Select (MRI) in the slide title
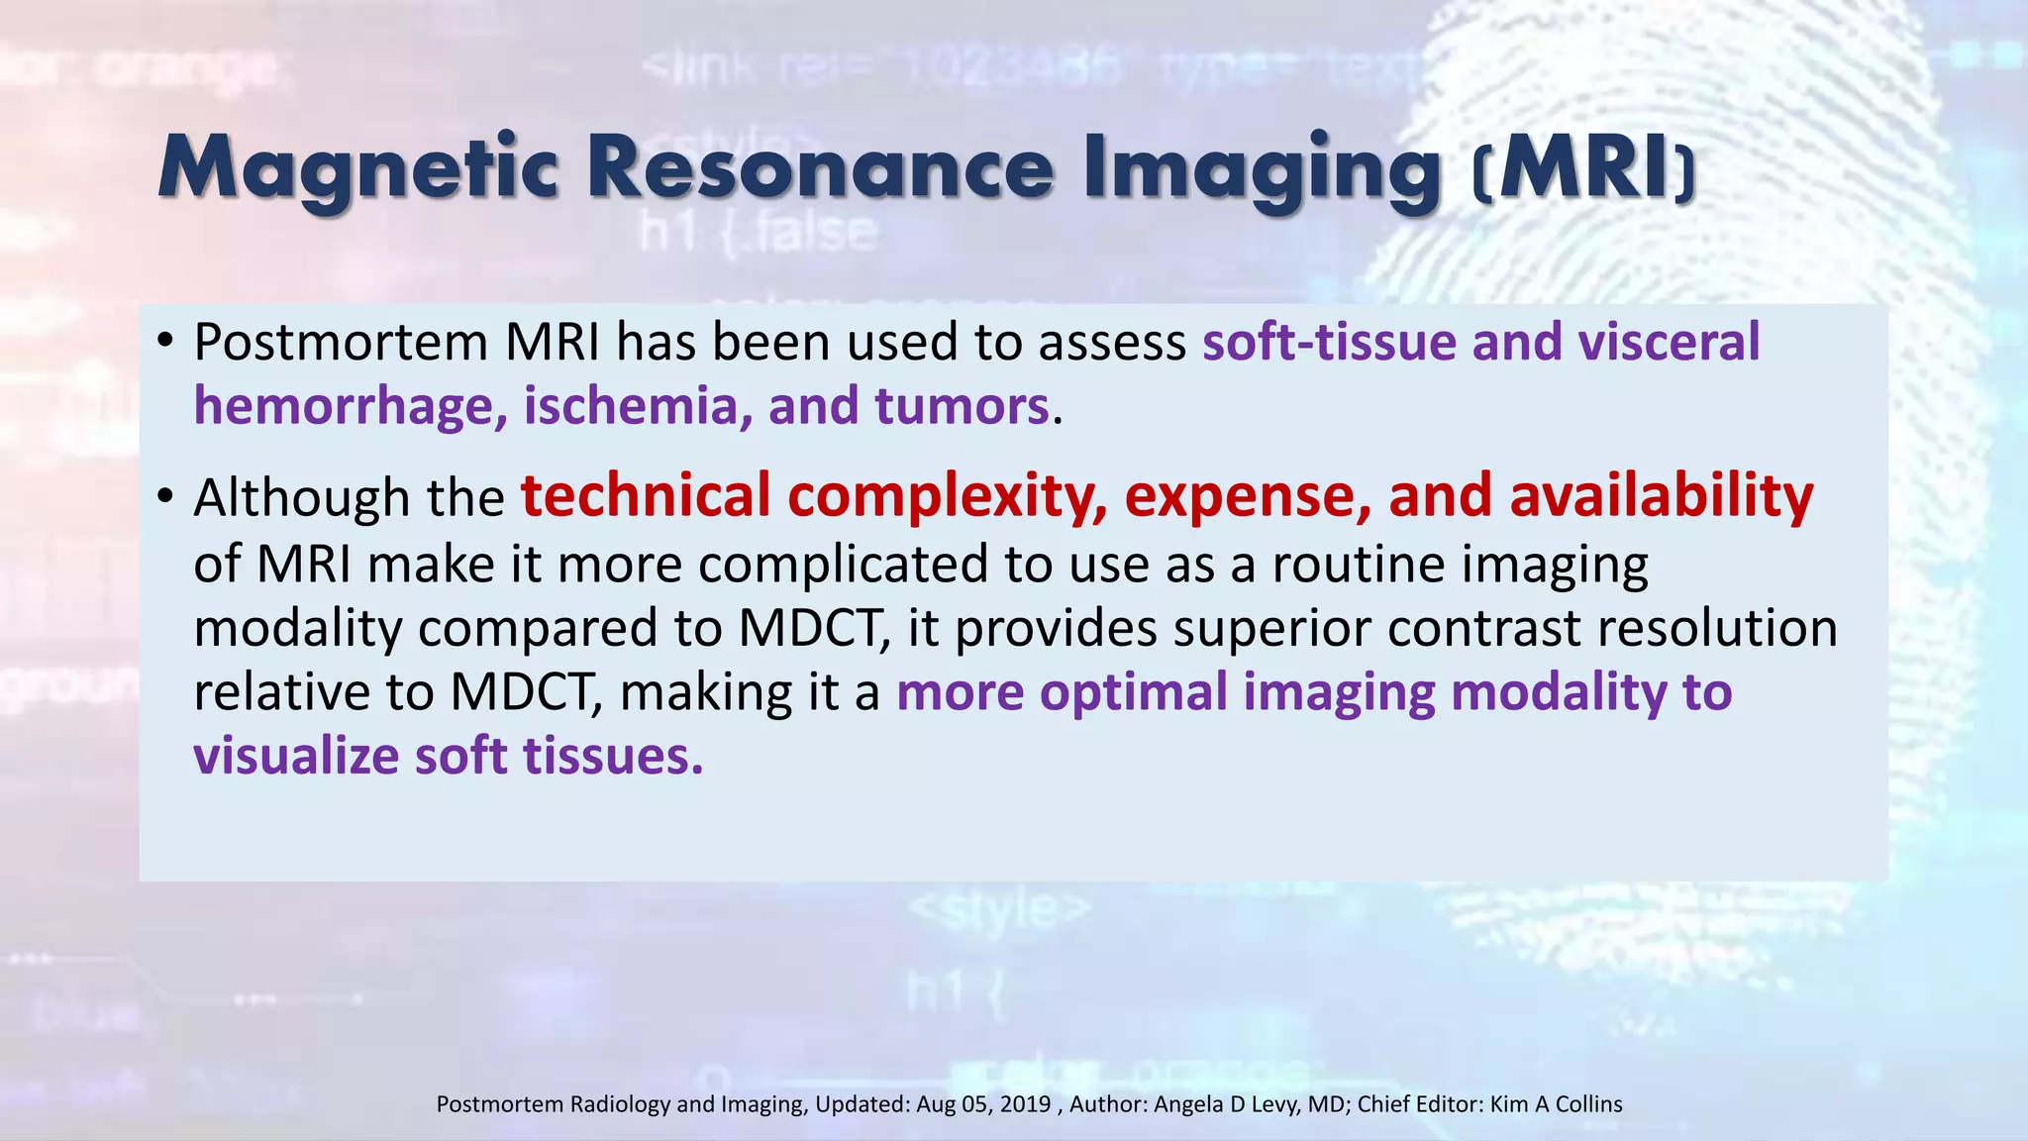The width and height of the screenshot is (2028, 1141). coord(1584,170)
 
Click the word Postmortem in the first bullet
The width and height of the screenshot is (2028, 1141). coord(340,343)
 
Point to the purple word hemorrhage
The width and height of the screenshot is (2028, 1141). coord(343,407)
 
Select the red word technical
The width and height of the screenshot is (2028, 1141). coord(646,496)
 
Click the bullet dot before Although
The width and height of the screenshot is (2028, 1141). coord(165,496)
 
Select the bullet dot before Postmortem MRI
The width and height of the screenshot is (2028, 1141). coord(165,342)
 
